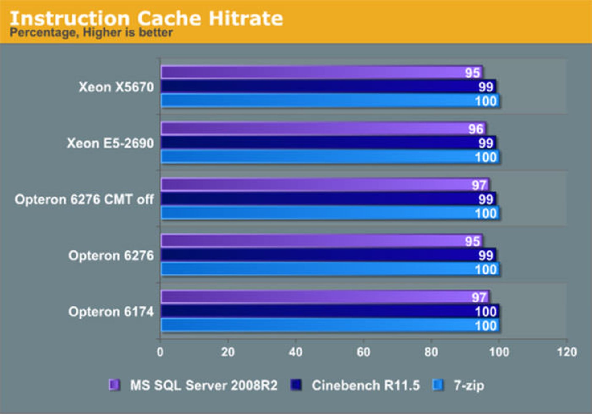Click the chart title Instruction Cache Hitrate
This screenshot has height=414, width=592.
tap(146, 18)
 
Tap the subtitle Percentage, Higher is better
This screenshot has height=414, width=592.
tap(91, 33)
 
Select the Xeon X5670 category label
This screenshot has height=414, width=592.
tap(116, 87)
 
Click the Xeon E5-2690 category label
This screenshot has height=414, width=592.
tap(110, 144)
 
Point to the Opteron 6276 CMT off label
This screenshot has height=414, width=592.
tap(84, 200)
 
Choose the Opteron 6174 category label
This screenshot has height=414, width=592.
tap(111, 312)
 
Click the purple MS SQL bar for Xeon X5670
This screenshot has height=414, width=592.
tap(308, 72)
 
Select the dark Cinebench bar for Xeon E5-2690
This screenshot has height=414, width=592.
tap(308, 143)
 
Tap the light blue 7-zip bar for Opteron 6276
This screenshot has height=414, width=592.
tap(308, 269)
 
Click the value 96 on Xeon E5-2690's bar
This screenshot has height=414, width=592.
tap(475, 129)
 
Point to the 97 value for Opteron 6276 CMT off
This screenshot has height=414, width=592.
tap(479, 185)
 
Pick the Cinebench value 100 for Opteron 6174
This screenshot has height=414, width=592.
tap(486, 312)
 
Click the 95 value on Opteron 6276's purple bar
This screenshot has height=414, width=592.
tap(472, 241)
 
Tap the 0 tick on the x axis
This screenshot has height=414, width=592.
tap(160, 352)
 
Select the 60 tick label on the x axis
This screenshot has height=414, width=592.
tap(363, 352)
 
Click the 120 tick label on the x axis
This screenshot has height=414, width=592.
tap(567, 352)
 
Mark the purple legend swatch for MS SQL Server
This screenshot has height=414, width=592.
tap(114, 385)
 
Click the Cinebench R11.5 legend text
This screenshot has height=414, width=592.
tap(365, 385)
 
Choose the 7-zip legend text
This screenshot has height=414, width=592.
tap(469, 386)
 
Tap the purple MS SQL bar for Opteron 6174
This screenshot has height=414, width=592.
tap(308, 297)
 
